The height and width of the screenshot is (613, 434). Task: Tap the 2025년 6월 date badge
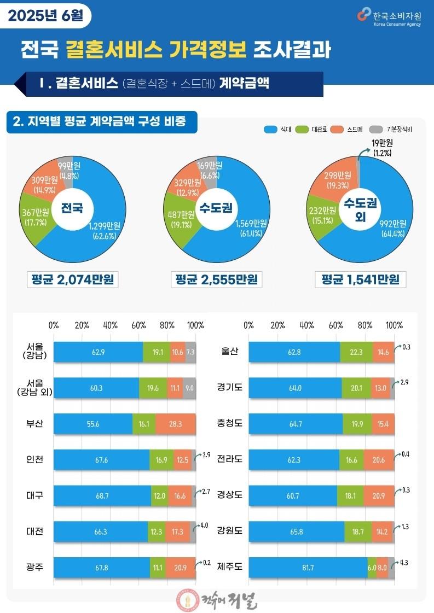[45, 16]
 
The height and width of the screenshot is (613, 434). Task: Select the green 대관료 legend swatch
[302, 130]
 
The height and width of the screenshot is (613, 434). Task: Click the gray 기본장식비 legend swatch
[376, 130]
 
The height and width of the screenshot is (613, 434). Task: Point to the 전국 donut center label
[72, 208]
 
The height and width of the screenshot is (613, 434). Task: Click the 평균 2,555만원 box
[216, 279]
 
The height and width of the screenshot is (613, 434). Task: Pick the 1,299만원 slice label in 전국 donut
[105, 231]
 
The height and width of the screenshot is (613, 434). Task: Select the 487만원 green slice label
[181, 219]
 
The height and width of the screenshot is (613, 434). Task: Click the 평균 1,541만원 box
[361, 279]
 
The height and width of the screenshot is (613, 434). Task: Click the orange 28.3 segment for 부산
[176, 424]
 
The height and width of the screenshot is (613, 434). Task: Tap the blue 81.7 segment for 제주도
[308, 568]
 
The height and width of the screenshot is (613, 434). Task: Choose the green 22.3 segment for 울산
[356, 352]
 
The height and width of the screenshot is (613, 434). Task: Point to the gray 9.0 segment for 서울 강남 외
[189, 388]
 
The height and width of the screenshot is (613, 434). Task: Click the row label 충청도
[230, 423]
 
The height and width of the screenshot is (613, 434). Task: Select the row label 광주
[35, 567]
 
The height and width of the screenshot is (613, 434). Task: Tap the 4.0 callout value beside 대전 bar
[204, 526]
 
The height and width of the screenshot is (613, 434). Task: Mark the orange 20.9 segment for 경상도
[379, 496]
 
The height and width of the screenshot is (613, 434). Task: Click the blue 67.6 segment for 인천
[102, 460]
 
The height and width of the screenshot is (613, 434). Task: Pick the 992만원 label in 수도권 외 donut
[393, 229]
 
